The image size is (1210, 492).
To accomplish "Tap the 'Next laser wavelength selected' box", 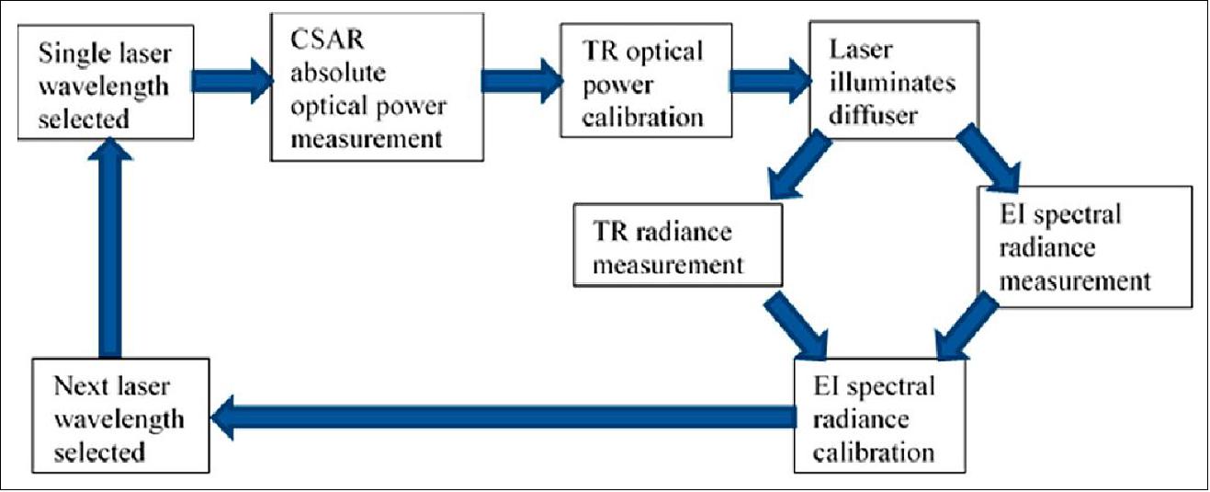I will (119, 419).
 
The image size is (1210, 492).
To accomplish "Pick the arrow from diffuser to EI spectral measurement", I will (989, 157).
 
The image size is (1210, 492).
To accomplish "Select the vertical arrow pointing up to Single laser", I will (110, 248).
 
